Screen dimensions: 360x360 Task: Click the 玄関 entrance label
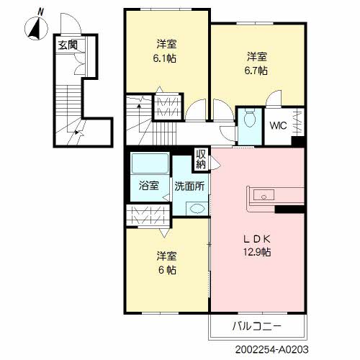pyautogui.click(x=68, y=45)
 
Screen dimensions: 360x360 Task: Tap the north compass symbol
pyautogui.click(x=37, y=27)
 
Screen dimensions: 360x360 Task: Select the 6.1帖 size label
pyautogui.click(x=165, y=58)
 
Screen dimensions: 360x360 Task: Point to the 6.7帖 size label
pyautogui.click(x=256, y=71)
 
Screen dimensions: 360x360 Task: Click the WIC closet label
pyautogui.click(x=278, y=125)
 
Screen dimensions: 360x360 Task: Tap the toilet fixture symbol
pyautogui.click(x=250, y=119)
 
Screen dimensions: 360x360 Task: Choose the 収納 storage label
pyautogui.click(x=201, y=159)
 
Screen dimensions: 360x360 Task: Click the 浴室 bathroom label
pyautogui.click(x=149, y=186)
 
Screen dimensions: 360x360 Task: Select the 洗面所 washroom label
pyautogui.click(x=189, y=186)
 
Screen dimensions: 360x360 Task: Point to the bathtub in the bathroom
pyautogui.click(x=150, y=163)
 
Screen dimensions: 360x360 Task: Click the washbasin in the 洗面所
pyautogui.click(x=197, y=208)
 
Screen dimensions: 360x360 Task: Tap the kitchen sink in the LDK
pyautogui.click(x=264, y=194)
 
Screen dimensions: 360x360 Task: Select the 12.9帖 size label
pyautogui.click(x=257, y=252)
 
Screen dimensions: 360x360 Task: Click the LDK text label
pyautogui.click(x=257, y=239)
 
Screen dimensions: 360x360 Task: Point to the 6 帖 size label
pyautogui.click(x=167, y=270)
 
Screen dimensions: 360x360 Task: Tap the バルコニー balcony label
pyautogui.click(x=257, y=326)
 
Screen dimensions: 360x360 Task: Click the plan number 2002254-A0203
pyautogui.click(x=272, y=349)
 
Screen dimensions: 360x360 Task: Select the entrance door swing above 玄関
pyautogui.click(x=71, y=23)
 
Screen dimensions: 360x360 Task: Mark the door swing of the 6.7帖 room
pyautogui.click(x=274, y=98)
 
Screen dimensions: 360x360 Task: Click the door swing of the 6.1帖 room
pyautogui.click(x=196, y=109)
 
